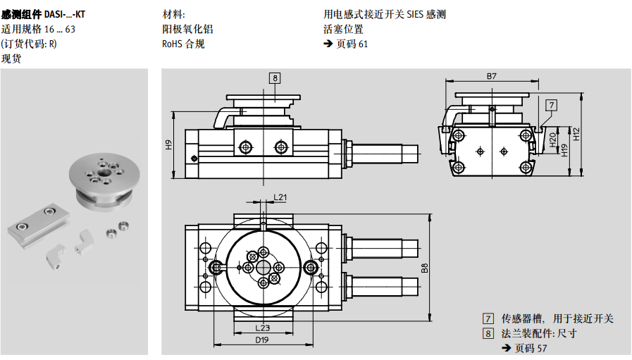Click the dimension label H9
(169, 145)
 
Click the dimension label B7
(492, 75)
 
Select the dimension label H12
(576, 133)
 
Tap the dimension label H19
(564, 150)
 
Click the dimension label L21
(280, 197)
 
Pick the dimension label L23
(262, 328)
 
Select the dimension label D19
(262, 340)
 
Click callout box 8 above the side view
(275, 78)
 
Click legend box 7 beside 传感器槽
(488, 318)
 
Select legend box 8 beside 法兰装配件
(488, 333)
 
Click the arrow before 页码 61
(328, 44)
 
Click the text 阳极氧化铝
(187, 29)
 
